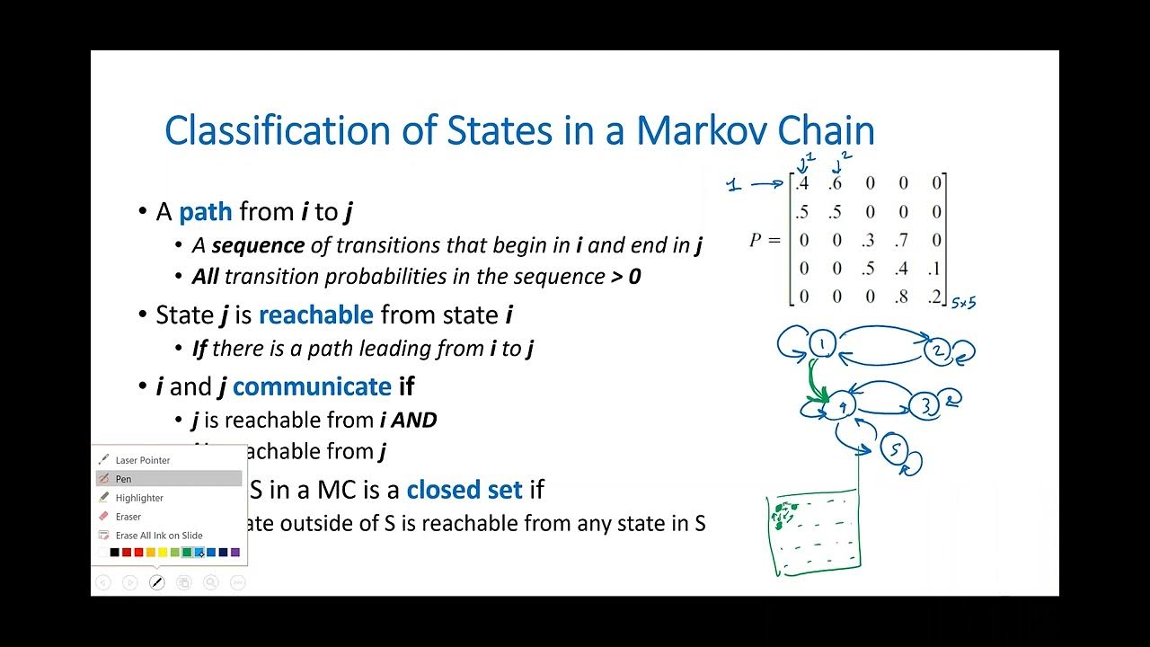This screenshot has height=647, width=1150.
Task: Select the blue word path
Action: click(205, 212)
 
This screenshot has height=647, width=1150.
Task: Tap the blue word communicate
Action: click(312, 386)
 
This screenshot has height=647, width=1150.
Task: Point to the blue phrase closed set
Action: click(464, 490)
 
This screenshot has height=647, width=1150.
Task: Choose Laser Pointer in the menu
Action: click(142, 460)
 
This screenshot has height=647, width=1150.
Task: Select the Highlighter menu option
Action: click(139, 498)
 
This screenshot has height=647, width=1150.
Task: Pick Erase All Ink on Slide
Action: click(159, 536)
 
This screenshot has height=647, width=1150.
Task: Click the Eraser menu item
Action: click(128, 517)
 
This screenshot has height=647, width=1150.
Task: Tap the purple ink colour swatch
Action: click(235, 553)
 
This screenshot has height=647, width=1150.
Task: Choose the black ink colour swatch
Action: click(114, 553)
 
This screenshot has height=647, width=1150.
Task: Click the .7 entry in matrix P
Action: click(901, 240)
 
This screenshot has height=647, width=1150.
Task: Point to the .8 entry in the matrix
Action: click(901, 296)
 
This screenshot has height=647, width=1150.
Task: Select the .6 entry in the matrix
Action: click(836, 184)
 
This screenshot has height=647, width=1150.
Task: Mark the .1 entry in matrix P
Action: click(935, 268)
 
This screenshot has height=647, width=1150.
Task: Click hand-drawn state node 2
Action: click(940, 351)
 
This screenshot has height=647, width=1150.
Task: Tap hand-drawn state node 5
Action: click(895, 449)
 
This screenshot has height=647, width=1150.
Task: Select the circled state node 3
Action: click(927, 406)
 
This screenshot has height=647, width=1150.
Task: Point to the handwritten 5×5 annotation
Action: click(963, 304)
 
